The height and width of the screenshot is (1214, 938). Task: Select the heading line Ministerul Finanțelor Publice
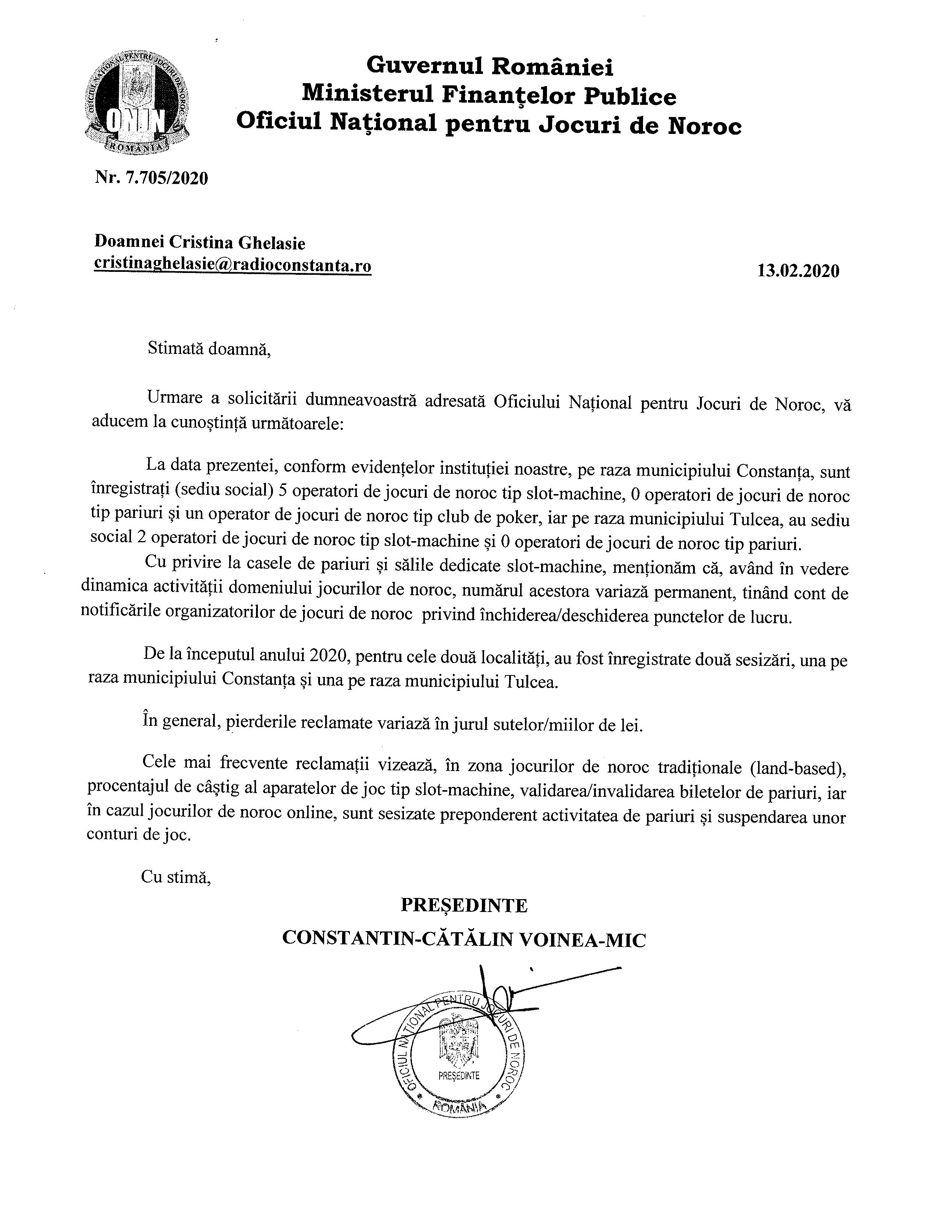[x=489, y=96]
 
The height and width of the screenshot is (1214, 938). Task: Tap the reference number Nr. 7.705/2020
[x=152, y=178]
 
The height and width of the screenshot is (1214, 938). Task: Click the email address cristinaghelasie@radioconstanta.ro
[x=233, y=265]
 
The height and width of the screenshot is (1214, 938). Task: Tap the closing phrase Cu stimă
[x=176, y=877]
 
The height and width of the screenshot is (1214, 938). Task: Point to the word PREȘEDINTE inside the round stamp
[x=459, y=1076]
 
